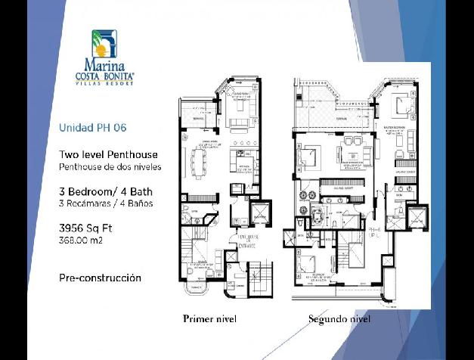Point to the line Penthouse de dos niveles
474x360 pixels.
coord(110,166)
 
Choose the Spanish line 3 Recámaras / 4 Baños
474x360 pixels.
coord(106,203)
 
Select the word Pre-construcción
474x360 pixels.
coord(100,278)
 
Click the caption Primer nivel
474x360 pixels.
coord(209,319)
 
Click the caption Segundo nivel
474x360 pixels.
coord(339,319)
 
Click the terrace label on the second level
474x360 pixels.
coord(342,119)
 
